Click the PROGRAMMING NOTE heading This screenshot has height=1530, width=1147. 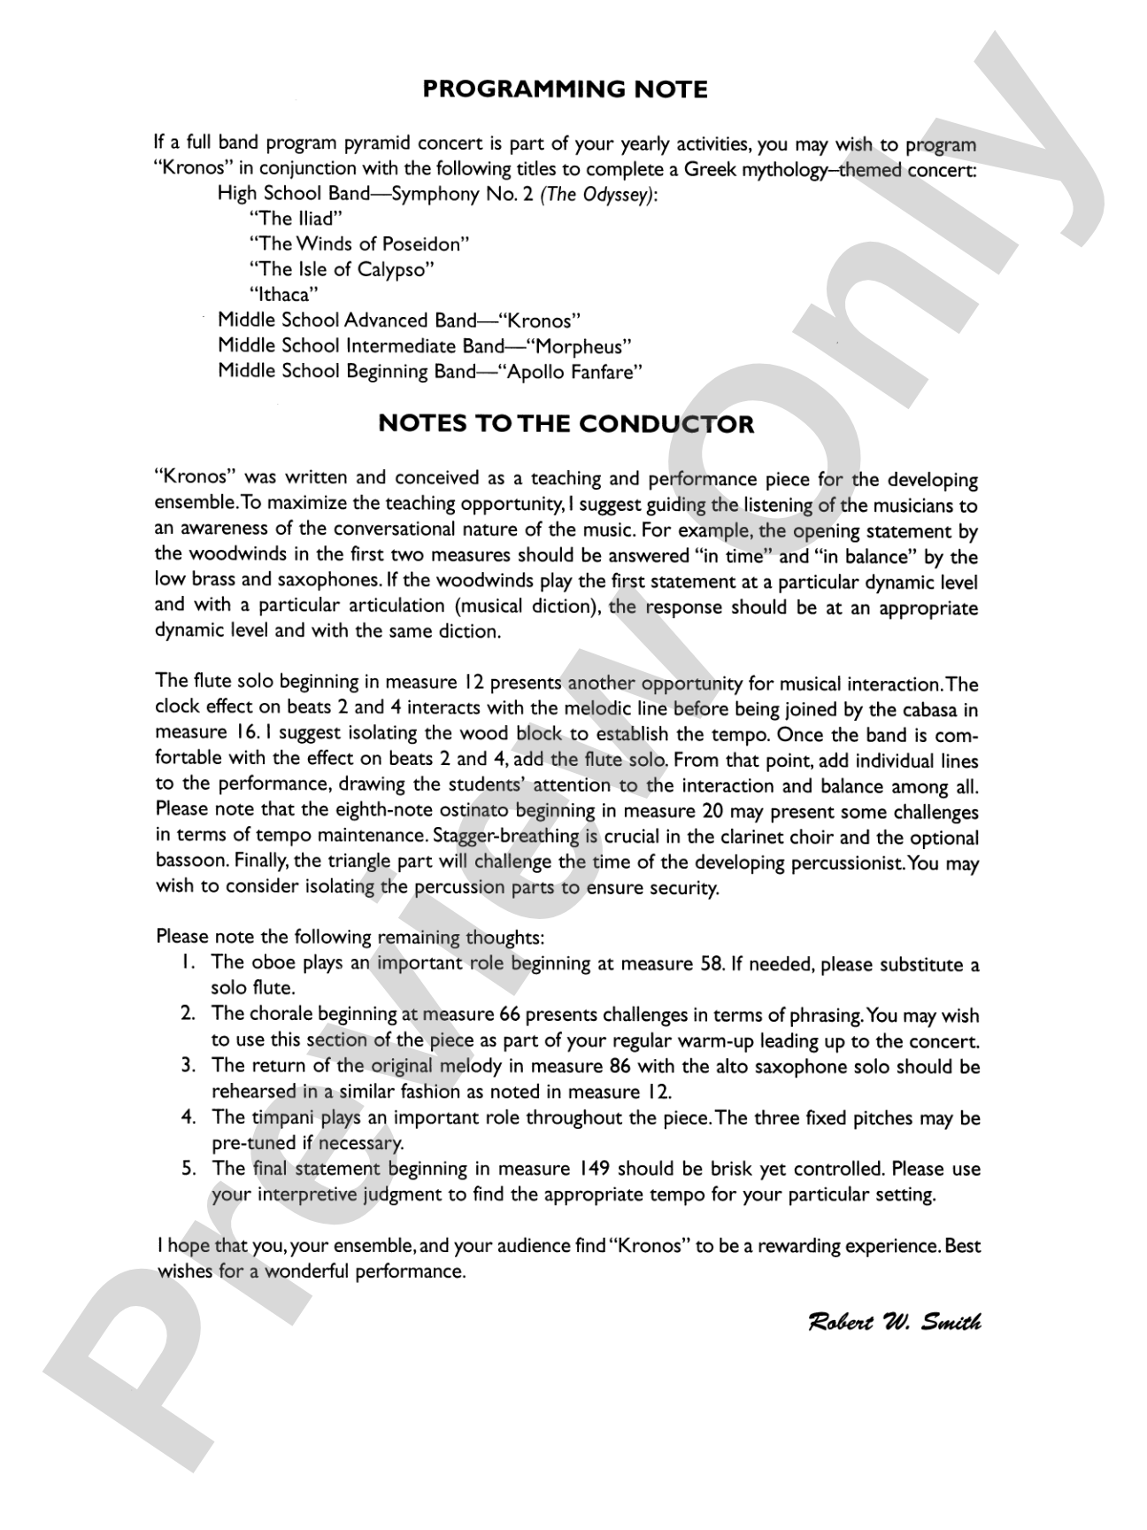pyautogui.click(x=565, y=89)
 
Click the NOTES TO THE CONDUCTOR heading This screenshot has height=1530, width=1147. pyautogui.click(x=566, y=424)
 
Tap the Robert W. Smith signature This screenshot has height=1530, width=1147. pyautogui.click(x=894, y=1323)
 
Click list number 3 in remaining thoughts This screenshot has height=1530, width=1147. pyautogui.click(x=188, y=1066)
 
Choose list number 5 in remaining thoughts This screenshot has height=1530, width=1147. pyautogui.click(x=188, y=1169)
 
